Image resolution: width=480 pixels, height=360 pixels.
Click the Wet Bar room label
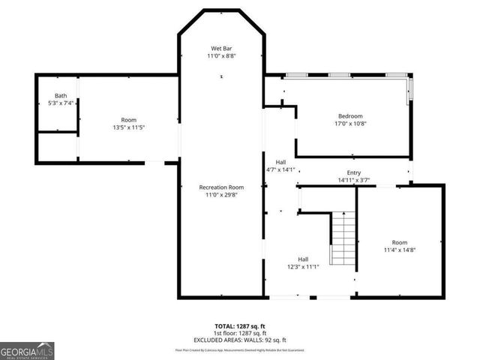pos(221,47)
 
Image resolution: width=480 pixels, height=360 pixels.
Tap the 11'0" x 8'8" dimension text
pos(221,55)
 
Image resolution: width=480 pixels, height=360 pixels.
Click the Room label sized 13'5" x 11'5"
pos(129,119)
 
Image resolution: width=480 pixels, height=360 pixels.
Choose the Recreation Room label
pos(221,187)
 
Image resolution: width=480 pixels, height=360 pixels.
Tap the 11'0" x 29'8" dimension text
pos(221,195)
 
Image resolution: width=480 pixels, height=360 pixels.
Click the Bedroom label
pos(349,115)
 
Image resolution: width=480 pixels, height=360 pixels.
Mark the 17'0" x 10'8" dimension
pos(349,124)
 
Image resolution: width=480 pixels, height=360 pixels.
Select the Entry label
pos(354,172)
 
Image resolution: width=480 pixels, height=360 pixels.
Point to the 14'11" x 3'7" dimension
pos(354,180)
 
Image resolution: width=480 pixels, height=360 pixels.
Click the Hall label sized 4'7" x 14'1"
pos(280,162)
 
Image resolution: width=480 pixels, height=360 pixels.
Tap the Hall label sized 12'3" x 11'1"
pos(303,259)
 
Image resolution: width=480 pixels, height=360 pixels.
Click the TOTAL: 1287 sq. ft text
pos(239,326)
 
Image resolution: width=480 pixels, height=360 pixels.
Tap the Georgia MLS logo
pos(27,350)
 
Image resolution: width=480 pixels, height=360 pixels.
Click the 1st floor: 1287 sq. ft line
pos(239,334)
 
